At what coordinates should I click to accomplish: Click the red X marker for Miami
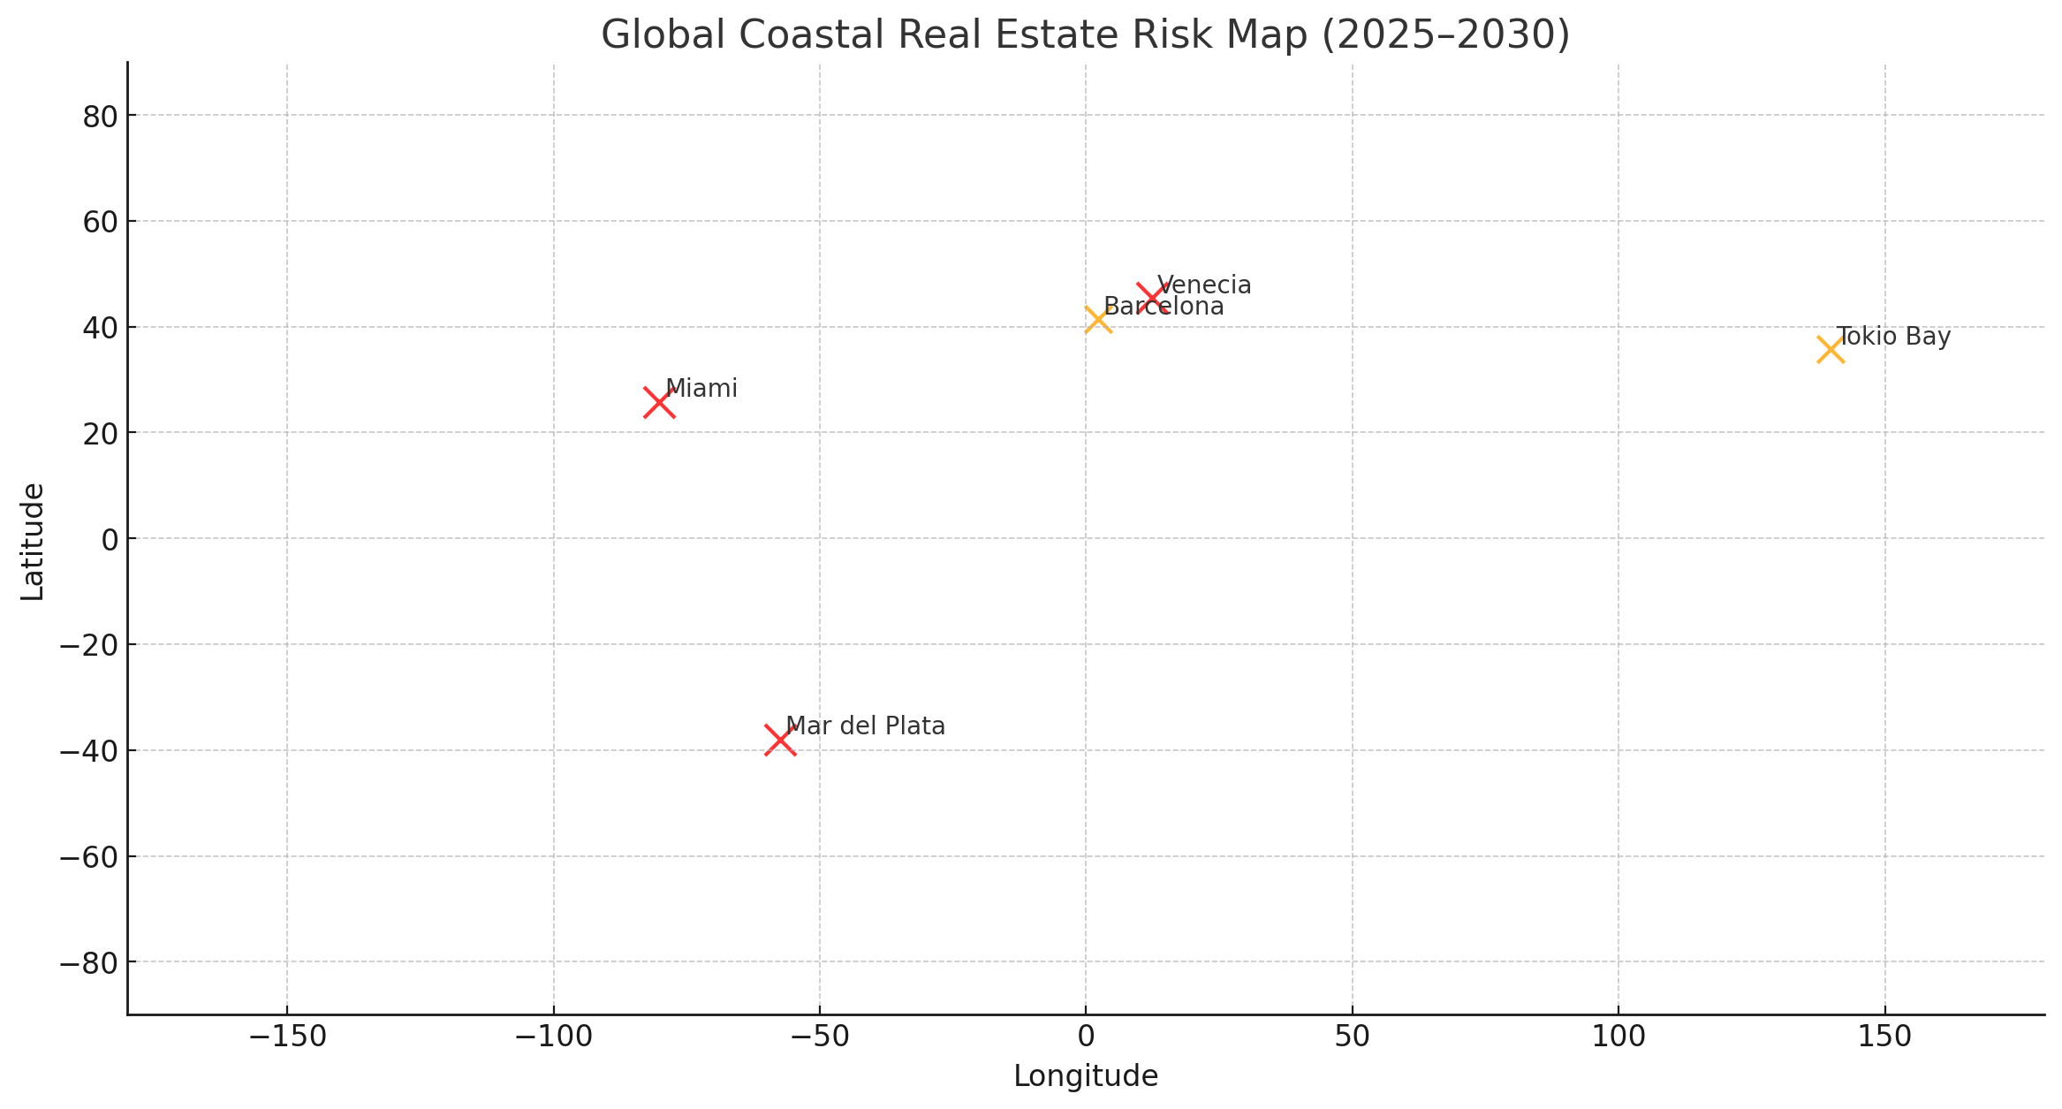pos(659,403)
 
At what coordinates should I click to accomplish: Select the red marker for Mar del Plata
pos(780,741)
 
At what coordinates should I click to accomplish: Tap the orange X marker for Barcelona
pos(1097,319)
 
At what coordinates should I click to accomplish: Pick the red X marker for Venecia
pos(1151,297)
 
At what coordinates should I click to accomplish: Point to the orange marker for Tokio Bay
pos(1831,350)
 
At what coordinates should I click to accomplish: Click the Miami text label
pos(701,389)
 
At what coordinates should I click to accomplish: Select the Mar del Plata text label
pos(865,726)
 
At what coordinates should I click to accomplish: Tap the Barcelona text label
pos(1164,308)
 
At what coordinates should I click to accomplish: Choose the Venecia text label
pos(1204,285)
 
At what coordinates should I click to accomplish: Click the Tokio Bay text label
pos(1893,337)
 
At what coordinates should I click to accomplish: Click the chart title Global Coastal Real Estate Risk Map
pos(1085,35)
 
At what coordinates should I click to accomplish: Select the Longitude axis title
pos(1085,1076)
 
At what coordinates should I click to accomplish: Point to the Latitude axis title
pos(34,541)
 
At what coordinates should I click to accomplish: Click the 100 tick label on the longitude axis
pos(1619,1037)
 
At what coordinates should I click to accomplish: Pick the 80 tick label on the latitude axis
pos(100,116)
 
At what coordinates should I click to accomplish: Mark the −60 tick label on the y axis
pos(89,856)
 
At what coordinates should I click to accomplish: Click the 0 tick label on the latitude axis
pos(110,539)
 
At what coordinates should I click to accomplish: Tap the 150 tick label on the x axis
pos(1884,1037)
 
